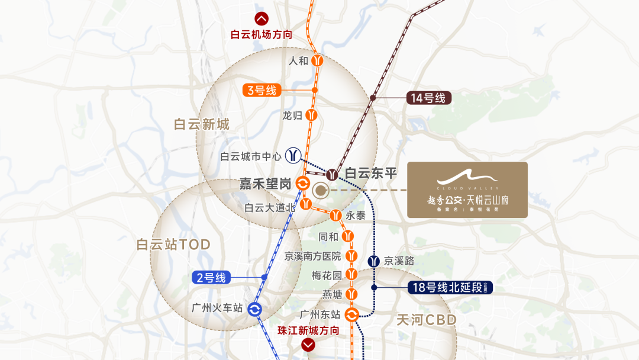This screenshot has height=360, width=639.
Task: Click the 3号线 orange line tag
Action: (x=261, y=91)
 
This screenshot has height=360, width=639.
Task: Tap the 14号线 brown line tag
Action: (x=428, y=98)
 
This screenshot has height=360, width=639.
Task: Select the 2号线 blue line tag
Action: (x=211, y=277)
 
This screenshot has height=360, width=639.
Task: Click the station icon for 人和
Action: (x=318, y=60)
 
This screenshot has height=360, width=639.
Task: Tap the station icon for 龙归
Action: (x=312, y=115)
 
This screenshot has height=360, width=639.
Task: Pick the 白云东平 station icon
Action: (x=333, y=174)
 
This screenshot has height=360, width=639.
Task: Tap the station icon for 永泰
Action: (x=336, y=216)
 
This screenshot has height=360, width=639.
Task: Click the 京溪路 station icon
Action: (x=374, y=261)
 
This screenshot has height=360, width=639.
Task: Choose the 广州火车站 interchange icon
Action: (x=255, y=309)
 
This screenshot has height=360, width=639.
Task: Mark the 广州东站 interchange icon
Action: (x=351, y=315)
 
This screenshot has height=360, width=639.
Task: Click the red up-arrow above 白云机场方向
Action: (x=261, y=18)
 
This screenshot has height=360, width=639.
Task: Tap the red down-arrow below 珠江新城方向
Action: (x=308, y=345)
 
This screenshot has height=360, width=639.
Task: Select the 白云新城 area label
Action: (x=201, y=124)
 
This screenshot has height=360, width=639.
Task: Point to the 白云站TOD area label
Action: (x=173, y=245)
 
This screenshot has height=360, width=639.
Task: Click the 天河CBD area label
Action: (x=427, y=320)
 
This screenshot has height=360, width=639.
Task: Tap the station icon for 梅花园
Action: (x=352, y=275)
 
